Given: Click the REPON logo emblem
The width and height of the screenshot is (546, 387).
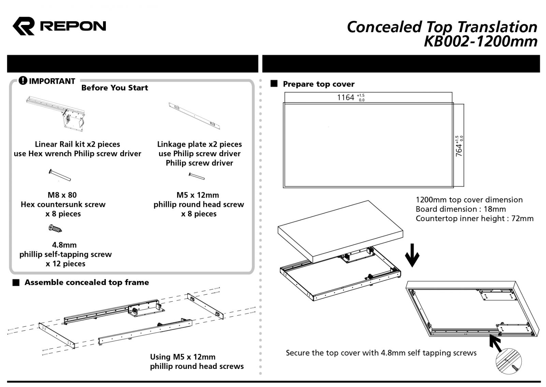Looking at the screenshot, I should [24, 26].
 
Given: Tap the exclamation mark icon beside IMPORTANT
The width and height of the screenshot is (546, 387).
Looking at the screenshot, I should [23, 81].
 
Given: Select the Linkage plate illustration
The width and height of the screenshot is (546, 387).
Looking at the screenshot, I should [195, 116].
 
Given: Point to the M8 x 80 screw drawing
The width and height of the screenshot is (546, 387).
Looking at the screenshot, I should [60, 175].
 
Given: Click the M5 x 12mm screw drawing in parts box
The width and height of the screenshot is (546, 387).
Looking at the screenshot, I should [197, 176].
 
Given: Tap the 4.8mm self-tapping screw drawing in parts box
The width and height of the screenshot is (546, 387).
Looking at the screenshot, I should [55, 228].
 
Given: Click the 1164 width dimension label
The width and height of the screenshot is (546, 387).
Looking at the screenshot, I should [346, 97].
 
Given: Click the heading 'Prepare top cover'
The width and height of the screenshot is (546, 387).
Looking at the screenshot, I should [318, 84].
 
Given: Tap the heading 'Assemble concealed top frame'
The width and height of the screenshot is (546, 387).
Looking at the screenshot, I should [87, 282].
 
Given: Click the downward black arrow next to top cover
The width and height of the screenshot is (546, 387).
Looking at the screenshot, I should [412, 255].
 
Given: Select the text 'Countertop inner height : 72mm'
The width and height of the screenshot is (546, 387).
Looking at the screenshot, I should [474, 218].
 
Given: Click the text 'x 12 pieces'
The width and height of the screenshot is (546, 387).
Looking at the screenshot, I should [66, 264].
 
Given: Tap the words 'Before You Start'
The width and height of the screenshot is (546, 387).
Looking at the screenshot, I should [114, 88].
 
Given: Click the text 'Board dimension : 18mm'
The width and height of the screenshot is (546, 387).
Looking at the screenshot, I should [461, 209].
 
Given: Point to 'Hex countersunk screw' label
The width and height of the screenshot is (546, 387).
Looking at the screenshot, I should [63, 204].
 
